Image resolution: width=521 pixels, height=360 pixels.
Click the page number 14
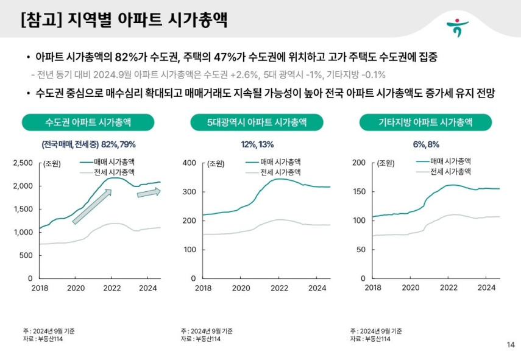pyautogui.click(x=510, y=345)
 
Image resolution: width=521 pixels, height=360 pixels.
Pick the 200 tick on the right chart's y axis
pyautogui.click(x=360, y=163)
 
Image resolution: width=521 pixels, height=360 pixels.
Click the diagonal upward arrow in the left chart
pyautogui.click(x=92, y=206)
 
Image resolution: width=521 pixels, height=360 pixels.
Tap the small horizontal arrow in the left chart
pyautogui.click(x=148, y=192)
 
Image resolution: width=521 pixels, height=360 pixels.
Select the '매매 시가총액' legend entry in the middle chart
pyautogui.click(x=280, y=162)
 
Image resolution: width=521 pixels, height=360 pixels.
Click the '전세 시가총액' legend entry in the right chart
pyautogui.click(x=451, y=172)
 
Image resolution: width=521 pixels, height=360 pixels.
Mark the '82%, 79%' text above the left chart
pyautogui.click(x=118, y=144)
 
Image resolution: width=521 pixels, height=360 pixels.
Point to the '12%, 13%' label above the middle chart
pyautogui.click(x=257, y=144)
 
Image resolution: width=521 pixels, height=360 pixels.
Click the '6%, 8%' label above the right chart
pyautogui.click(x=425, y=144)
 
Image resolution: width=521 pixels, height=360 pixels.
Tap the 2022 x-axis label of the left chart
pyautogui.click(x=111, y=288)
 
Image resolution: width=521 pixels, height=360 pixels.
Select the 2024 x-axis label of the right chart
pyautogui.click(x=486, y=288)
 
